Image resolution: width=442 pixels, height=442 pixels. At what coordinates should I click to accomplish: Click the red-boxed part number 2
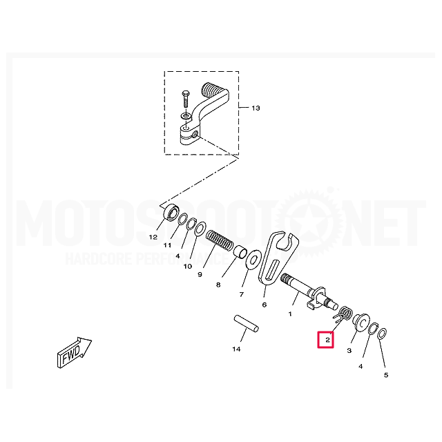(x=327, y=340)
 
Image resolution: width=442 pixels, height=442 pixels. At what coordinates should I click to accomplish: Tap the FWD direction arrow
(x=74, y=352)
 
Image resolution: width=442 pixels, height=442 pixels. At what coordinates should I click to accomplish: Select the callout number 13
(x=256, y=108)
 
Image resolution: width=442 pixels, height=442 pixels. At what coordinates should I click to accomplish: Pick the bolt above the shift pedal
(x=186, y=99)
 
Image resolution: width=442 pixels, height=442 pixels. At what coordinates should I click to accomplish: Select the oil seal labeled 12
(x=171, y=213)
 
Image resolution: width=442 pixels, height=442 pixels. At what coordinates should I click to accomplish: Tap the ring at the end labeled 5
(x=383, y=334)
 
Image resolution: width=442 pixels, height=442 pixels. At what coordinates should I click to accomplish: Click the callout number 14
(x=236, y=349)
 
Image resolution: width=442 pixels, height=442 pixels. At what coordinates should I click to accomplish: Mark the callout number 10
(x=188, y=266)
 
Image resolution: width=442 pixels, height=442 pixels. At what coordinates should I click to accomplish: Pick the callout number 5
(x=386, y=375)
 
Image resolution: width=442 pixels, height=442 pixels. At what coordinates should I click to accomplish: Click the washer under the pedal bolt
(x=186, y=115)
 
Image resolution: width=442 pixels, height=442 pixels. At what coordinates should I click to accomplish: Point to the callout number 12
(x=153, y=238)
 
